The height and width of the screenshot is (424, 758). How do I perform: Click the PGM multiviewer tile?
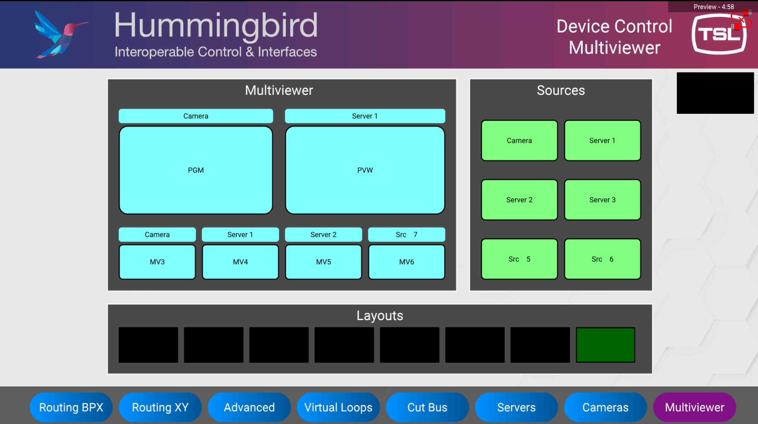pyautogui.click(x=196, y=170)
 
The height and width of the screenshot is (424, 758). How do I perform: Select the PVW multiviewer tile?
pyautogui.click(x=365, y=170)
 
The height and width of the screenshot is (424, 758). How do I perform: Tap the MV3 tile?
pyautogui.click(x=157, y=262)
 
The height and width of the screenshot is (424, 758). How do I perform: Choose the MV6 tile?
pyautogui.click(x=406, y=262)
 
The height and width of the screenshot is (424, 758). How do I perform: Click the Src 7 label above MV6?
pyautogui.click(x=406, y=234)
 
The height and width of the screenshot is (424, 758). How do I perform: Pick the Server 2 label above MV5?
pyautogui.click(x=323, y=234)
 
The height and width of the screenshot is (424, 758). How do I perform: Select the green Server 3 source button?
pyautogui.click(x=602, y=200)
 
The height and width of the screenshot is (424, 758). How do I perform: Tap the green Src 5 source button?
pyautogui.click(x=519, y=259)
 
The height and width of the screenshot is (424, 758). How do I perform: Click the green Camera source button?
pyautogui.click(x=519, y=140)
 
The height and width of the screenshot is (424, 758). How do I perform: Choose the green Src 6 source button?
pyautogui.click(x=602, y=259)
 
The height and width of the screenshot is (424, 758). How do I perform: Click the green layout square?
pyautogui.click(x=605, y=345)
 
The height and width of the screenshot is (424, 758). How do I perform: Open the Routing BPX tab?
pyautogui.click(x=71, y=407)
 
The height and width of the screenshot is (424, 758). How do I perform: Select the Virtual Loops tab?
pyautogui.click(x=338, y=407)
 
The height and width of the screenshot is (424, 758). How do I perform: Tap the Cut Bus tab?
pyautogui.click(x=427, y=407)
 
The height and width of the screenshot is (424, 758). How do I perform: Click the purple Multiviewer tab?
pyautogui.click(x=695, y=407)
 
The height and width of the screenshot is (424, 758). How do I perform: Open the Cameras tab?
pyautogui.click(x=605, y=407)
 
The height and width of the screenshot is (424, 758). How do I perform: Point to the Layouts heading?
pyautogui.click(x=380, y=316)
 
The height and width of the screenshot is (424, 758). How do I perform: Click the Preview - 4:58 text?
pyautogui.click(x=714, y=7)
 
